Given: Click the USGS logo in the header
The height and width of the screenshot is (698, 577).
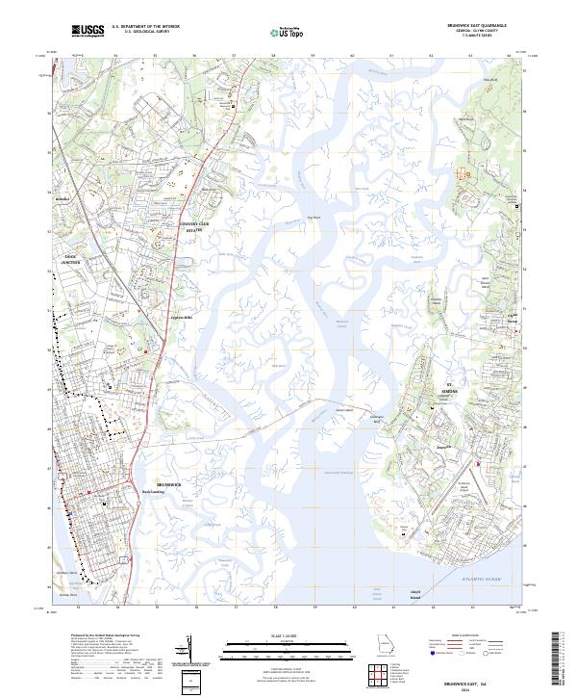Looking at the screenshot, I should pos(88,31).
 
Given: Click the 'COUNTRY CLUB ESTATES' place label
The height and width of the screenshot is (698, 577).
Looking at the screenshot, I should pos(194,228).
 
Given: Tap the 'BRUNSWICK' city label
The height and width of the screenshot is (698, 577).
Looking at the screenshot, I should pos(169,482).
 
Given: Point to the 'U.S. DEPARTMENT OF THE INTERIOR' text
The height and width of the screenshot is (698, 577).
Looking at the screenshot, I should pos(145,27).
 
